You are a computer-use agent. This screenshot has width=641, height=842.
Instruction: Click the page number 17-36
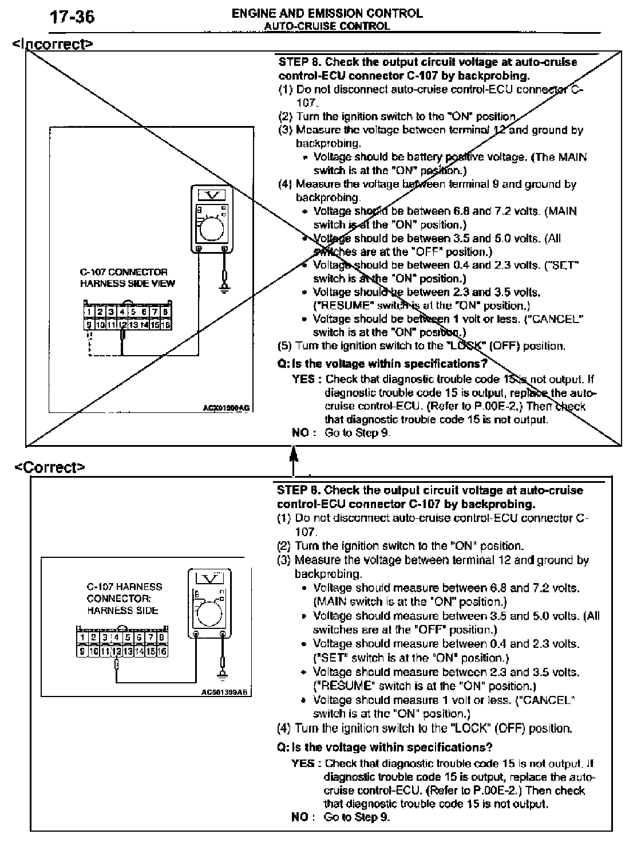[x=72, y=18]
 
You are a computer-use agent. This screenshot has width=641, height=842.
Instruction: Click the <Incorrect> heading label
[x=53, y=44]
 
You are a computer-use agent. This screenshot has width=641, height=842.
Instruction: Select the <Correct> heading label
[x=50, y=467]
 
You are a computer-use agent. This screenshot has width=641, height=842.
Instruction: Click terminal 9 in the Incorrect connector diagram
[x=89, y=325]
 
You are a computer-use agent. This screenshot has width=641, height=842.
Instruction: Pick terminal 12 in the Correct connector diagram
[x=116, y=651]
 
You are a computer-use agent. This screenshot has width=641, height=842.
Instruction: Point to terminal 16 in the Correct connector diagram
[x=162, y=651]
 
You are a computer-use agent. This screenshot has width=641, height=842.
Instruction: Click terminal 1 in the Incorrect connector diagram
[x=89, y=312]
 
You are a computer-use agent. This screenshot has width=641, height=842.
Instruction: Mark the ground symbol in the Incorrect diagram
[x=224, y=289]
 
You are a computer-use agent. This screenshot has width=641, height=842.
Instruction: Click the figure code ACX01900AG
[x=226, y=408]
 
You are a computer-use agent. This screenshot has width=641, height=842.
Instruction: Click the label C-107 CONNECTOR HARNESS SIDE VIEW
[x=127, y=278]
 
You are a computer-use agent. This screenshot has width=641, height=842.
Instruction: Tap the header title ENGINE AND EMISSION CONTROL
[x=327, y=13]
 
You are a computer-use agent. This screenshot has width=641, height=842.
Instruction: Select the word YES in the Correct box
[x=303, y=763]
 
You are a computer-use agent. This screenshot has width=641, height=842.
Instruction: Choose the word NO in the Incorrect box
[x=300, y=432]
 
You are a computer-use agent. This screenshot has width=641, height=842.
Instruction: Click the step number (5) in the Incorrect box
[x=285, y=346]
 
